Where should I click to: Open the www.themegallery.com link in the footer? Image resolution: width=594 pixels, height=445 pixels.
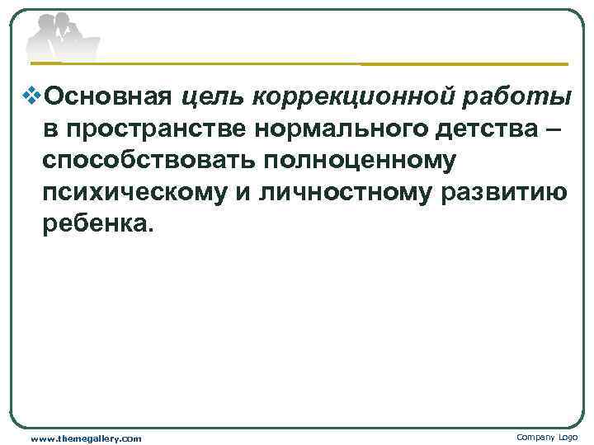(86, 438)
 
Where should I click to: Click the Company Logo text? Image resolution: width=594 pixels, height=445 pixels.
(547, 437)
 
